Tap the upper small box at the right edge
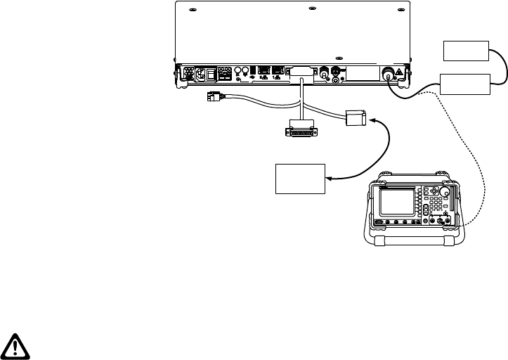tap(465, 51)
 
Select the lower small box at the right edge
tap(465, 84)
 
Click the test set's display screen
tap(398, 202)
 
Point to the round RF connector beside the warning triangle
tap(388, 74)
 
